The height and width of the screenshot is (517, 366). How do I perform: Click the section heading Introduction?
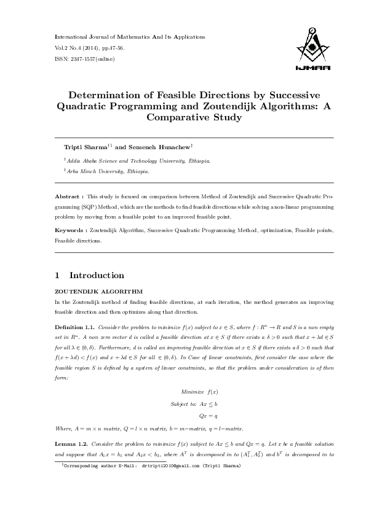pyautogui.click(x=97, y=275)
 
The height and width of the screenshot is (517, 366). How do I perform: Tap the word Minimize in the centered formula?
pyautogui.click(x=192, y=391)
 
